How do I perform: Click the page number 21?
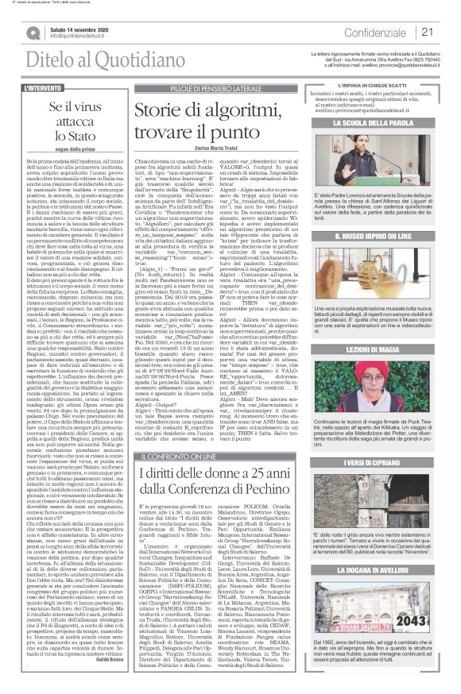click(x=448, y=32)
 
